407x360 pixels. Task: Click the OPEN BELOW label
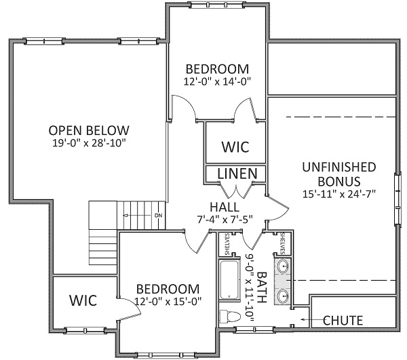pos(89,130)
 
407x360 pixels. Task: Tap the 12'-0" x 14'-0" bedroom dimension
pos(217,82)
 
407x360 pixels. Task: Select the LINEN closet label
pos(237,174)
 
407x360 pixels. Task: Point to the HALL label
pos(225,207)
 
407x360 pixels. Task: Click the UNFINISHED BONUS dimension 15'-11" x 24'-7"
pos(339,194)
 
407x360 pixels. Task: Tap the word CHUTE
pos(343,321)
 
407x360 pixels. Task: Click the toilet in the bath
pos(230,317)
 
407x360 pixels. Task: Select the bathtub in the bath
pos(229,280)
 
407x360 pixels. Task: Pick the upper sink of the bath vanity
pos(283,266)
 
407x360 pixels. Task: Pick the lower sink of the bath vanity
pos(283,296)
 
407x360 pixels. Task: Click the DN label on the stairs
pos(158,216)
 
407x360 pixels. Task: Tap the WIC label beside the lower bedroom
pos(83,300)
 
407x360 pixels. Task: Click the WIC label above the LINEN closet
pos(235,147)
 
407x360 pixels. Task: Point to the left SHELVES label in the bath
pos(227,244)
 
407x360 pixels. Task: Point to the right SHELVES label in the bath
pos(283,243)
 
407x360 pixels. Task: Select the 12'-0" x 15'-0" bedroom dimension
pos(168,302)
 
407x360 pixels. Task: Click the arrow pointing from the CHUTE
pos(313,319)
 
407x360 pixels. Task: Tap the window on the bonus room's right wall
pos(398,199)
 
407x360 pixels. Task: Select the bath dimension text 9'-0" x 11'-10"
pos(250,287)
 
